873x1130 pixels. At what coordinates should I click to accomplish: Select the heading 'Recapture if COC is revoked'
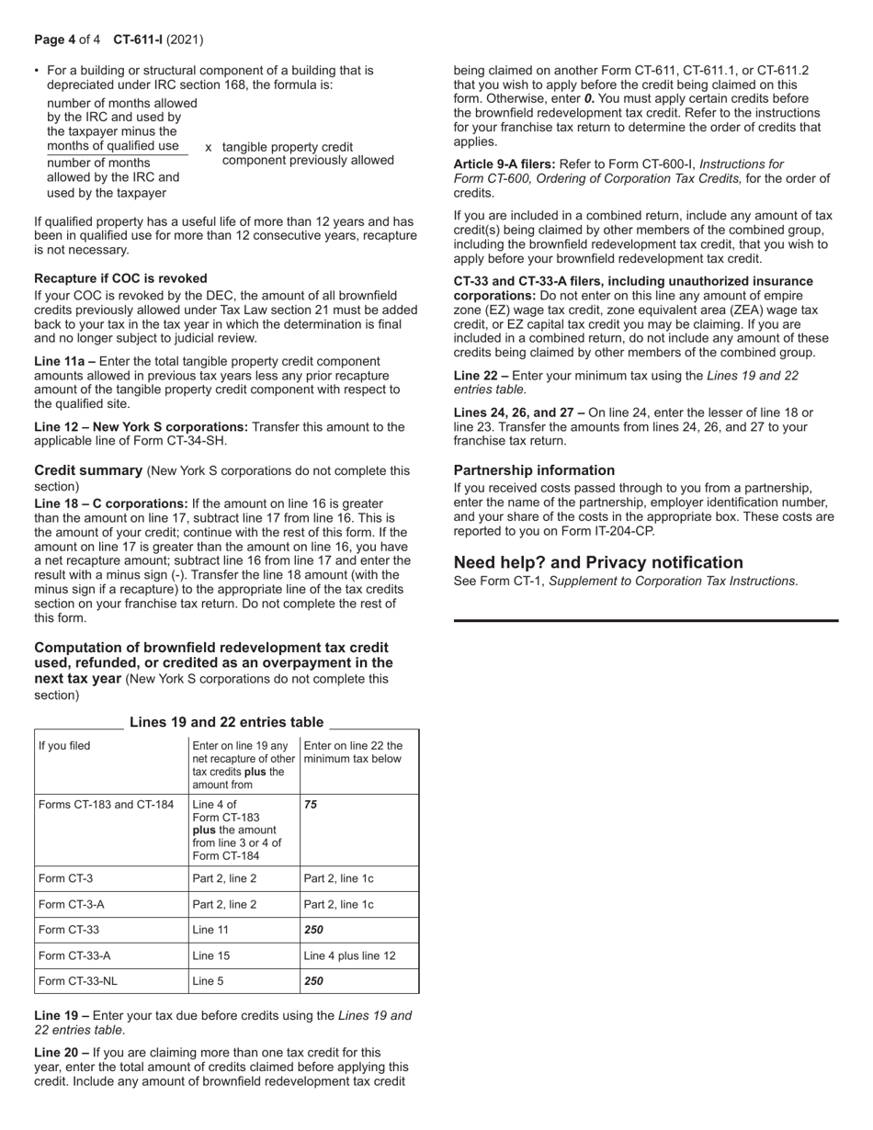click(x=120, y=278)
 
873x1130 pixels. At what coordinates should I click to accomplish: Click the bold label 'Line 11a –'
click(x=64, y=362)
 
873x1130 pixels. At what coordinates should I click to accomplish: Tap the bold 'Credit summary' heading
click(x=88, y=470)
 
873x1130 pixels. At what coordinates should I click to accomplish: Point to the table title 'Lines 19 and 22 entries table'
click(x=226, y=722)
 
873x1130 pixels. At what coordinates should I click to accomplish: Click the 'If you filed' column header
click(x=64, y=746)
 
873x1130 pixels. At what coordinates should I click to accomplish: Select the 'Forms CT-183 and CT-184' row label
click(x=106, y=805)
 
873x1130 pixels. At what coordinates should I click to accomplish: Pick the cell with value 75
click(x=311, y=805)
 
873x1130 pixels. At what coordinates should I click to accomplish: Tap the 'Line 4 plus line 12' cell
click(x=349, y=955)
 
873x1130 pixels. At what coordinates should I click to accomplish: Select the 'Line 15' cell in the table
click(x=210, y=955)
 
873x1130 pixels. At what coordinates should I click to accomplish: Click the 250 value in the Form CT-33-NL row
click(x=313, y=981)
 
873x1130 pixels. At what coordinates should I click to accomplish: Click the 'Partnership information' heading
click(x=534, y=470)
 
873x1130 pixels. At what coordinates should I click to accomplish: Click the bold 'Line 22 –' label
click(x=481, y=376)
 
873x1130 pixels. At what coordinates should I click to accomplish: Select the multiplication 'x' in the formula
click(x=209, y=147)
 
